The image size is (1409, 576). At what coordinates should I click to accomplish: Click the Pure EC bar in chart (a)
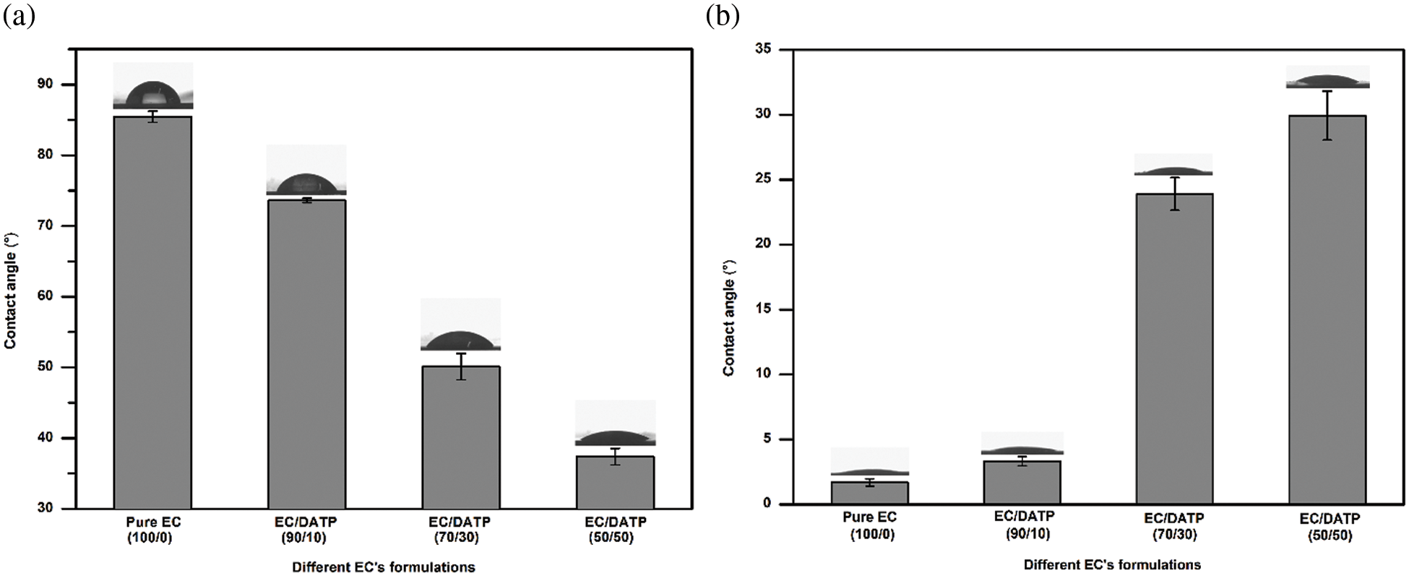[152, 312]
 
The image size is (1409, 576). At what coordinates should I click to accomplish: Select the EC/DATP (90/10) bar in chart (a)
[306, 354]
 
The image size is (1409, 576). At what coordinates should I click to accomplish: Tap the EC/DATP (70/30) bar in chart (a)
[461, 437]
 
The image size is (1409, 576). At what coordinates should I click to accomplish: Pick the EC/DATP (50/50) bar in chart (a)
[615, 482]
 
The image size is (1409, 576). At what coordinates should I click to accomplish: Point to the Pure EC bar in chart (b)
[869, 493]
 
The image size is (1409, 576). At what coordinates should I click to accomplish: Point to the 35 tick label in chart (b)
[764, 49]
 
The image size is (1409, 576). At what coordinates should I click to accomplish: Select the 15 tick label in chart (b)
[764, 309]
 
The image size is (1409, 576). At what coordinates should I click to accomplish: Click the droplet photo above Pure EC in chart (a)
[152, 87]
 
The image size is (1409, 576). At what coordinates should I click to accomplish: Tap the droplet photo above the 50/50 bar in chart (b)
[1327, 77]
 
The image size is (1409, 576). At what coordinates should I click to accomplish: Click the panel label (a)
[20, 17]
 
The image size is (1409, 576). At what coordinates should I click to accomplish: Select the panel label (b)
[723, 17]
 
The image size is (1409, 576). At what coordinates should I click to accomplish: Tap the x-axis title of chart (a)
[384, 567]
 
